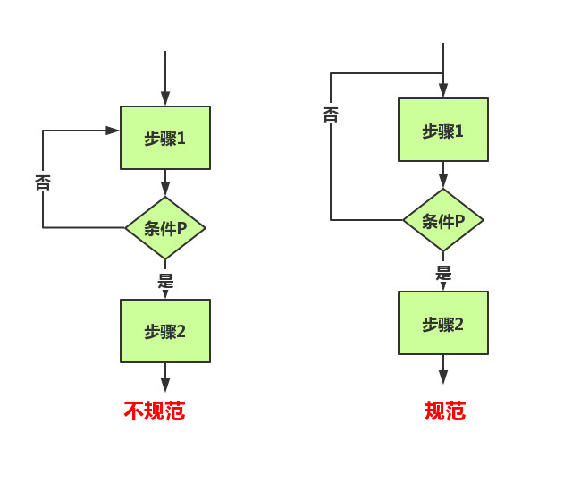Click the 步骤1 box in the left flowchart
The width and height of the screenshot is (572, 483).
pyautogui.click(x=165, y=138)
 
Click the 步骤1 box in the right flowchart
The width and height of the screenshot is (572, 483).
pyautogui.click(x=443, y=130)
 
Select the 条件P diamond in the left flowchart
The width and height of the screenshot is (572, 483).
pyautogui.click(x=165, y=228)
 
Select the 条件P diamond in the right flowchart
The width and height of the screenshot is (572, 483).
pyautogui.click(x=443, y=220)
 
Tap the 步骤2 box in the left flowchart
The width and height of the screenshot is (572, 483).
pyautogui.click(x=165, y=331)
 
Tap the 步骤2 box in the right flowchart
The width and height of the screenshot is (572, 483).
pyautogui.click(x=443, y=323)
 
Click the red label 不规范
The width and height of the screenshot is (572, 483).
pyautogui.click(x=155, y=411)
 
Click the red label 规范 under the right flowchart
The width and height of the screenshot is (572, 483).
pyautogui.click(x=444, y=411)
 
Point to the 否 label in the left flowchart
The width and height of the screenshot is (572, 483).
pyautogui.click(x=43, y=182)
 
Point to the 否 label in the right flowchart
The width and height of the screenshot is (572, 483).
pyautogui.click(x=331, y=114)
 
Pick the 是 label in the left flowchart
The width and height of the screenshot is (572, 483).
pyautogui.click(x=165, y=280)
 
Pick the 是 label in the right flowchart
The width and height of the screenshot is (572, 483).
pyautogui.click(x=443, y=273)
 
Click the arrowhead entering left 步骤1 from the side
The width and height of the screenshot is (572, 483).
pyautogui.click(x=113, y=131)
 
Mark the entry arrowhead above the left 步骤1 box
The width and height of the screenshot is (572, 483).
pyautogui.click(x=165, y=99)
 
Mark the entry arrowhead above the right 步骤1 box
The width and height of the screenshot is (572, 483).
pyautogui.click(x=443, y=91)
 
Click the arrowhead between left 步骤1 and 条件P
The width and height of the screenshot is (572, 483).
pyautogui.click(x=165, y=190)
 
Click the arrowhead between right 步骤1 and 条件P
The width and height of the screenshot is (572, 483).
pyautogui.click(x=443, y=182)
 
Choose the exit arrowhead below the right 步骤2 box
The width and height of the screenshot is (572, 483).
pyautogui.click(x=443, y=377)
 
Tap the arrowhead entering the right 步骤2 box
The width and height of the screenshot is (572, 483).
pyautogui.click(x=443, y=286)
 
